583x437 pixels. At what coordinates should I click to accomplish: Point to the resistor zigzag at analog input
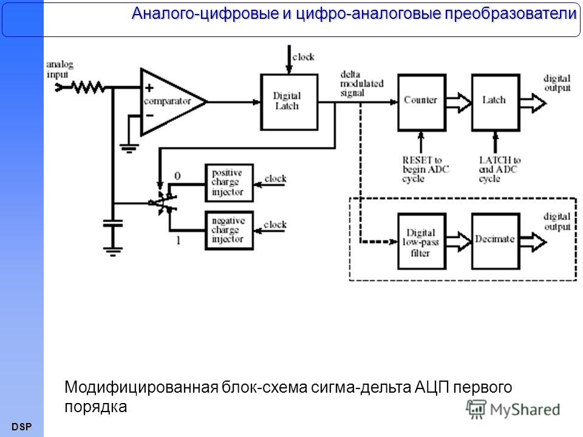89,87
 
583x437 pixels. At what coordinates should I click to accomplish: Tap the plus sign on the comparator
149,88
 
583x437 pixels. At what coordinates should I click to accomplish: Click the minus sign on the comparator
149,115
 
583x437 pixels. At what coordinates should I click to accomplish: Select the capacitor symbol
113,223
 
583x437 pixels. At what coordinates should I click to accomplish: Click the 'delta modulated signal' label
361,84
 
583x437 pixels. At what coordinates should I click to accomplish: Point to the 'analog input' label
60,69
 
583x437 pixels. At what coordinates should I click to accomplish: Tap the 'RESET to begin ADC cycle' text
425,169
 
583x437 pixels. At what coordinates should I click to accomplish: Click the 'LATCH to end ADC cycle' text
499,169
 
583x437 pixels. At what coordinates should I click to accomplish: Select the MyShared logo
513,410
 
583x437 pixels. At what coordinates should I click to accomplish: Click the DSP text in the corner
22,427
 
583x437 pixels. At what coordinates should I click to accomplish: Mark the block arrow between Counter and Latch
459,103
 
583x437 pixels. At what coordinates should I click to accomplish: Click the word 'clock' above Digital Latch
303,57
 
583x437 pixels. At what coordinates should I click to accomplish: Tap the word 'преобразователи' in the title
511,13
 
